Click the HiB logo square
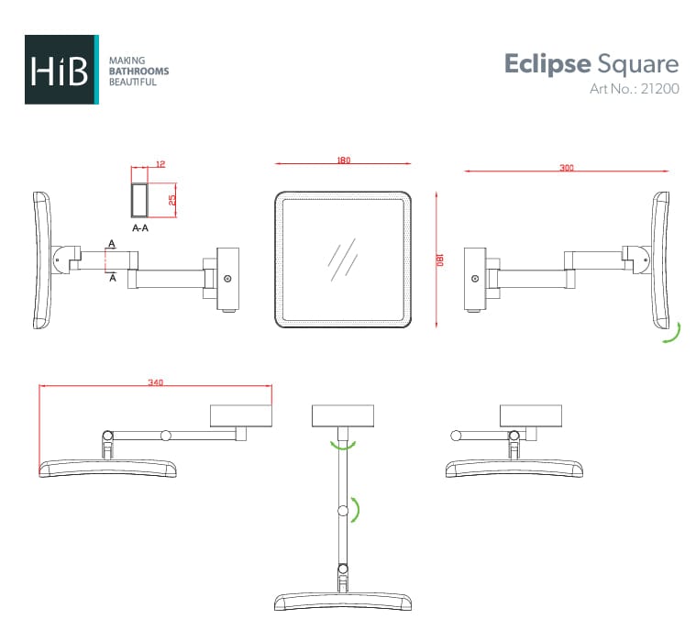(61, 70)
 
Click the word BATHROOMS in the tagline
(139, 71)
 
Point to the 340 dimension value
(155, 382)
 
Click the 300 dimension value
(567, 168)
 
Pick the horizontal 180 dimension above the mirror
(343, 160)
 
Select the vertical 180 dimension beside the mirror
(440, 260)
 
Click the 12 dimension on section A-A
(160, 164)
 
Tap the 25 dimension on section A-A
(171, 198)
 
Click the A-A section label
(141, 227)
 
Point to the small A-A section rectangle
(140, 198)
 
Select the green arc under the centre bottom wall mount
(343, 446)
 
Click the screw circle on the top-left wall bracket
(227, 278)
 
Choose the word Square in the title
(638, 64)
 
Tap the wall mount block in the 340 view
(241, 417)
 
